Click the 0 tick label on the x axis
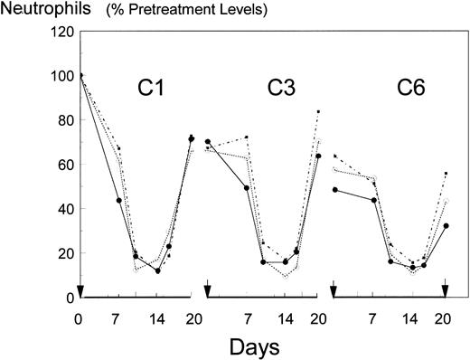[x=80, y=317]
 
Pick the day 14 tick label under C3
[x=285, y=317]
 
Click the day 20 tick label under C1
[x=191, y=317]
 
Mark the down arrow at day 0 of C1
[x=80, y=290]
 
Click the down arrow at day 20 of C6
[x=446, y=290]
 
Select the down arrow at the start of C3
[x=208, y=290]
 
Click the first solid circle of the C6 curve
[x=335, y=190]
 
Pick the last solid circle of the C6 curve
[x=446, y=226]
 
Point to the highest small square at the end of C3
[x=318, y=112]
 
